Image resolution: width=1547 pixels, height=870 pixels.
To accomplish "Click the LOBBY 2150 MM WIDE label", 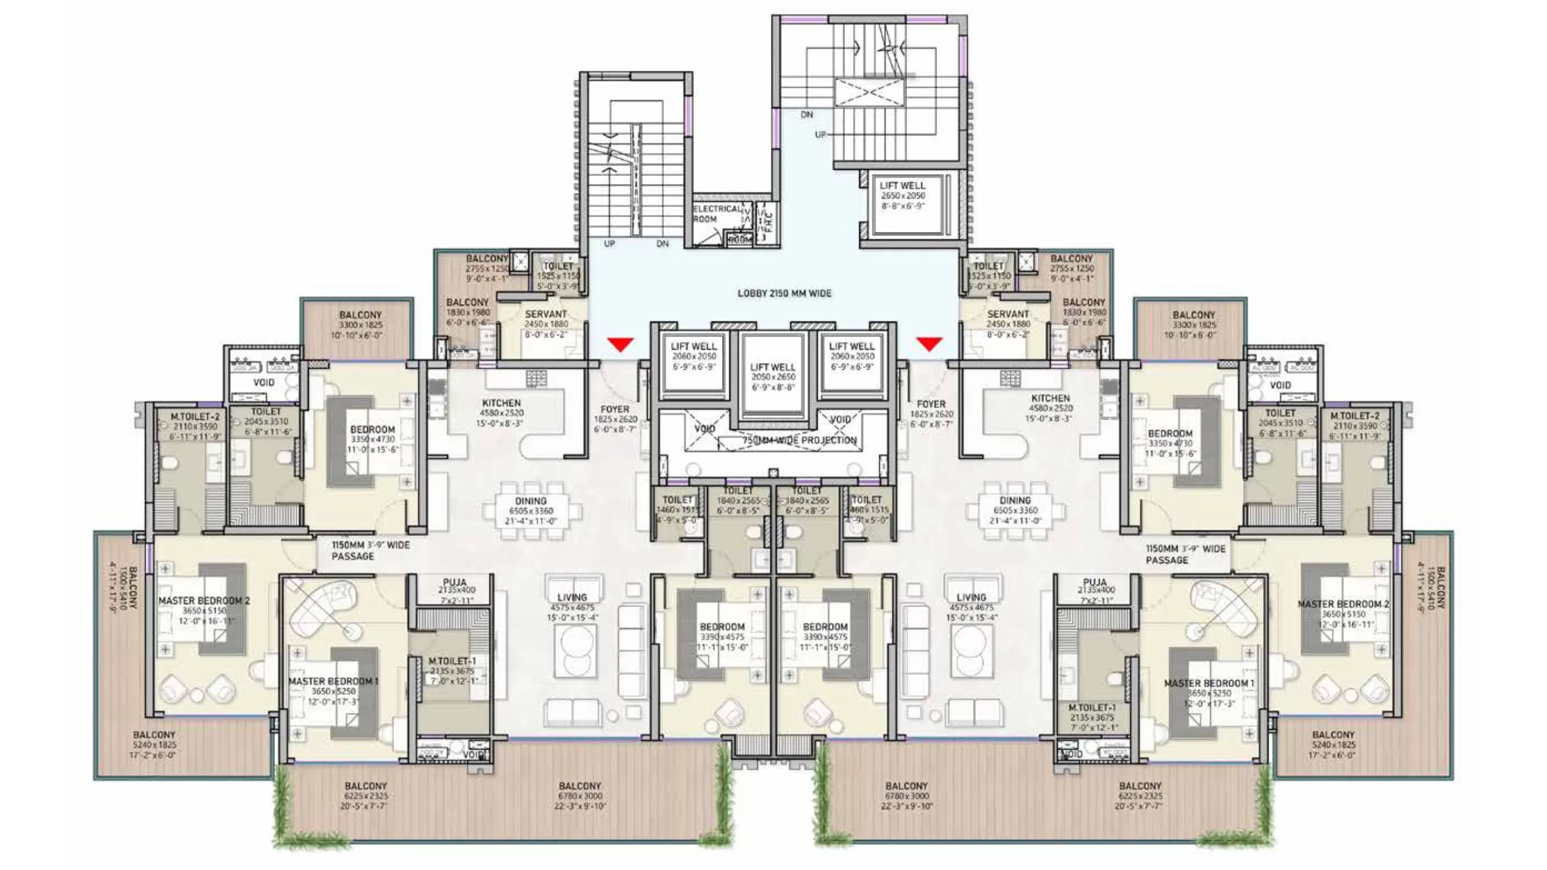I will pos(784,294).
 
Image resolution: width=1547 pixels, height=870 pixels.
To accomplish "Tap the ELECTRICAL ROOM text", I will pos(716,214).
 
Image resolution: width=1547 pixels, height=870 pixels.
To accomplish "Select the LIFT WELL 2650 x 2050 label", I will pos(902,195).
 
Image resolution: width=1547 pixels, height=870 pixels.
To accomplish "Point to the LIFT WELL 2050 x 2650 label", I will pos(773,376).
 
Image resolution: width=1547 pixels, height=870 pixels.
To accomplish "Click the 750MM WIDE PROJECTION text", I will pos(799,440).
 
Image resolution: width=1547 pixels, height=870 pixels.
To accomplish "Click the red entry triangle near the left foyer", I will pos(621,344).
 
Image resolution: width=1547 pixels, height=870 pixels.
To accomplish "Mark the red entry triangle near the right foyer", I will pos(929,344).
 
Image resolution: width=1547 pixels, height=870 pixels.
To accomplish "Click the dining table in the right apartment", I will pos(1015,511).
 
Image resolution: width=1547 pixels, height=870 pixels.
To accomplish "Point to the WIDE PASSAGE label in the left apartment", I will pos(370,550).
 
